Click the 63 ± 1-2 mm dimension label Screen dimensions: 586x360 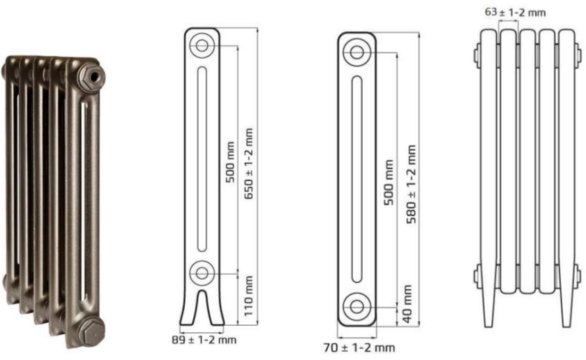tap(515, 13)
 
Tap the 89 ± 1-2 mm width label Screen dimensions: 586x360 tap(204, 340)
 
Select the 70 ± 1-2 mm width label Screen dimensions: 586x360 tap(359, 348)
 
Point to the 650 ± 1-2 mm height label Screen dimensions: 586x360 tap(248, 164)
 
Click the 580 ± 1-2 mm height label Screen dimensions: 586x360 tap(411, 184)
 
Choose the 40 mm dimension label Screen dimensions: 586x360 tap(407, 304)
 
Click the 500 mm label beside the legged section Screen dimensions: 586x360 tap(231, 162)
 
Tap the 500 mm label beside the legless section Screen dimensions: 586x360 tap(389, 182)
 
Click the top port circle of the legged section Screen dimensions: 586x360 tap(202, 45)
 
